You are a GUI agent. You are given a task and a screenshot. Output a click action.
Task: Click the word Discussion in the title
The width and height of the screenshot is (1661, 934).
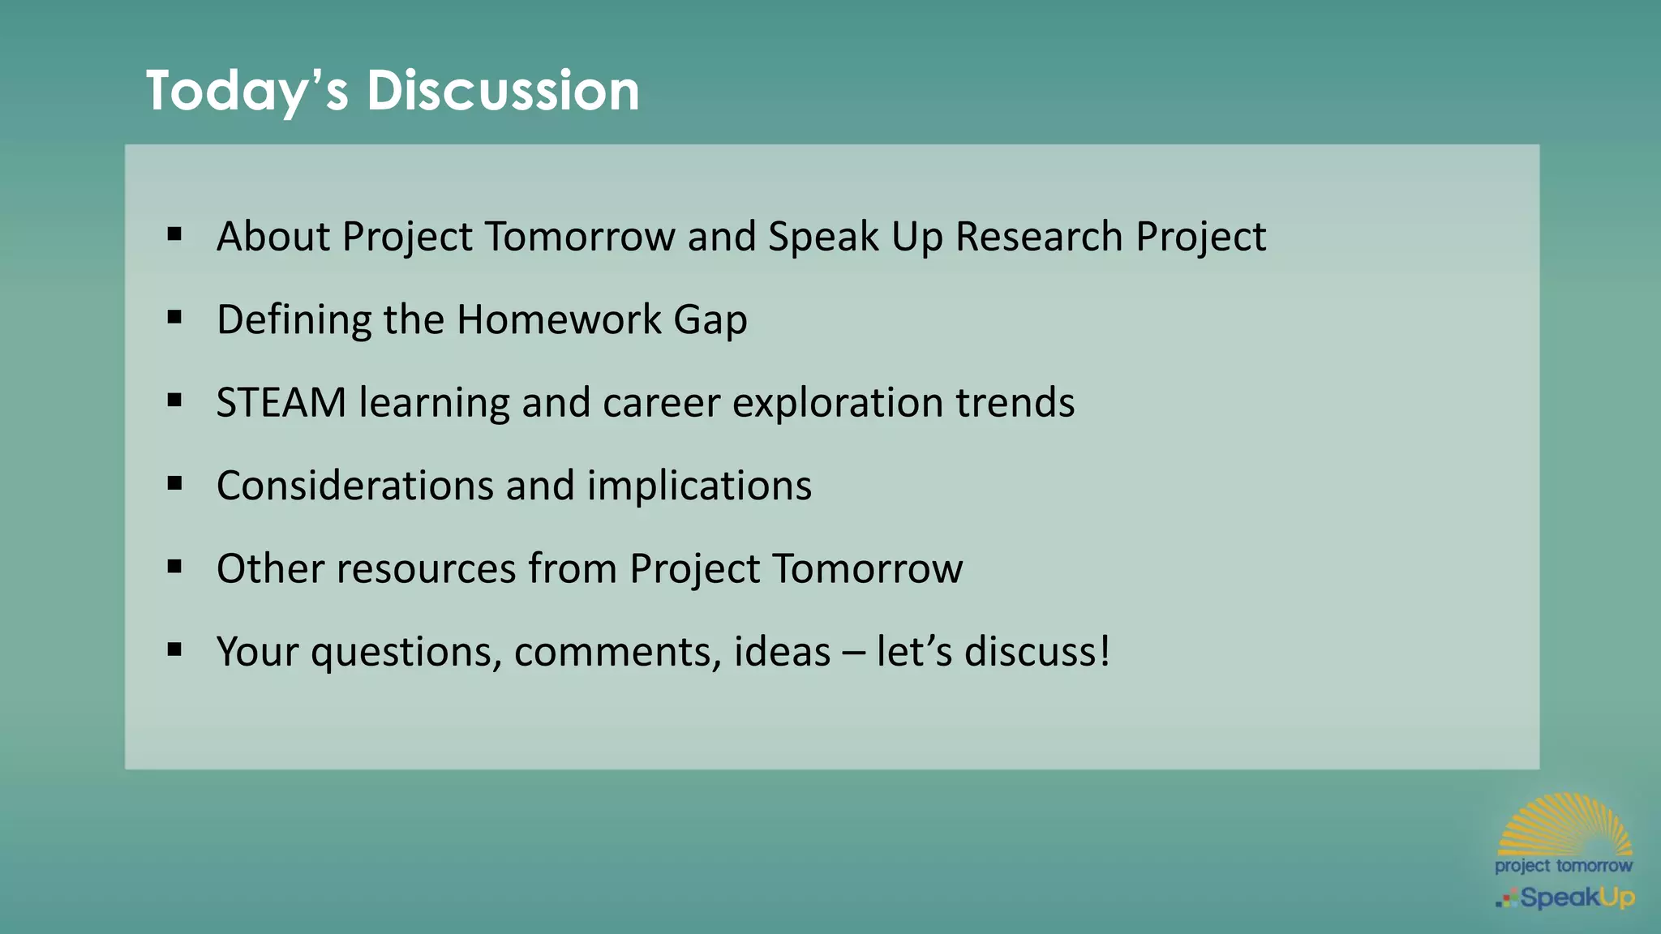[x=503, y=90]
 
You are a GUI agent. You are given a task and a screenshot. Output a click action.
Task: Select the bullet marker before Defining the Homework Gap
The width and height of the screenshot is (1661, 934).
[x=174, y=318]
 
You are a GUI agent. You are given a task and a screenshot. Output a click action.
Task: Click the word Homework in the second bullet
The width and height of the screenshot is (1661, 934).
[x=559, y=319]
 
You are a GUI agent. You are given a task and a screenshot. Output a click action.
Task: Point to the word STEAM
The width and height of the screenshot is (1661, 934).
[x=281, y=403]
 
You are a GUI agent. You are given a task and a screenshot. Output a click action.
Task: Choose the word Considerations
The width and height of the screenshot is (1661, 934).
[x=354, y=486]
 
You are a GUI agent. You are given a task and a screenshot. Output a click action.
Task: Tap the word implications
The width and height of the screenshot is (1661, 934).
[x=699, y=486]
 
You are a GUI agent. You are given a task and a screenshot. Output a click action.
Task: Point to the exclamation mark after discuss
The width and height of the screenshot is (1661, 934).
[x=1103, y=651]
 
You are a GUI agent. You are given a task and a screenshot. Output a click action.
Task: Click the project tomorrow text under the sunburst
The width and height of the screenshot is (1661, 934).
[x=1563, y=866]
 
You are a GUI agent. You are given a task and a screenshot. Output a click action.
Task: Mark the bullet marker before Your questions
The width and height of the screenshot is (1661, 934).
[x=174, y=649]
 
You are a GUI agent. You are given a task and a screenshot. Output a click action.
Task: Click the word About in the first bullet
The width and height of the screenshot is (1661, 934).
[x=273, y=237]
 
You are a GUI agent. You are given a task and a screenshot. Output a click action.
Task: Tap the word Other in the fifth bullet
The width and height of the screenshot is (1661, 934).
[x=270, y=568]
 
